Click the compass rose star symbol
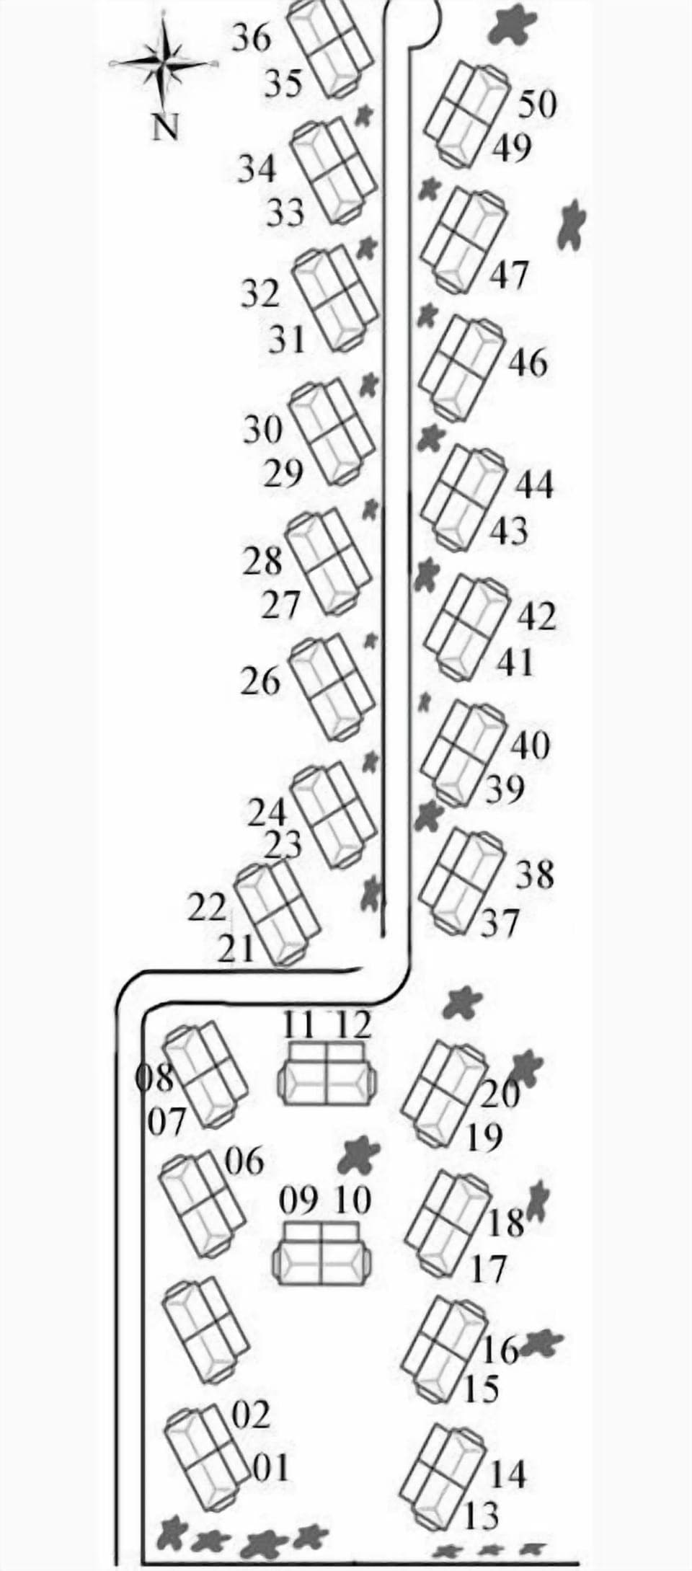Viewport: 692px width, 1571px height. coord(165,63)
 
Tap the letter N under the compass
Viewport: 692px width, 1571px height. coord(166,128)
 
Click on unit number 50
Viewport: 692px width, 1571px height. coord(538,105)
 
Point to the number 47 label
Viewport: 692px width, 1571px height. coord(510,275)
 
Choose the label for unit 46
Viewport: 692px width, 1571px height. coord(528,363)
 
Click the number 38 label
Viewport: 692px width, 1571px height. coord(534,875)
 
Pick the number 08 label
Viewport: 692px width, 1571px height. coord(156,1079)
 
